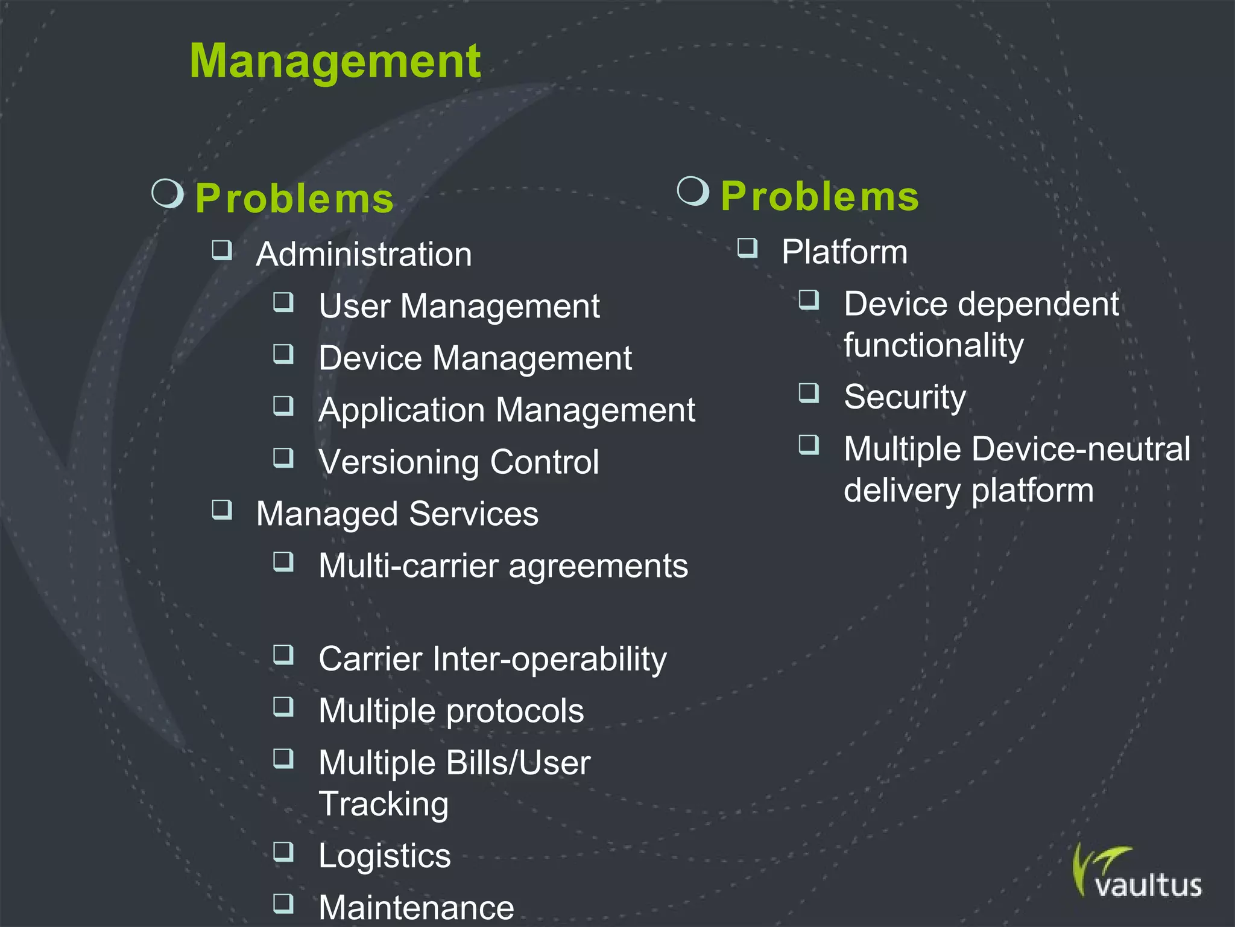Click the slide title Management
pos(335,62)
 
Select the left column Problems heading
pos(294,199)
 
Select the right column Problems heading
pos(820,196)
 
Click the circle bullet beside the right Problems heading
pos(693,191)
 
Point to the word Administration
pos(364,254)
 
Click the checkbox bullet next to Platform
pos(747,248)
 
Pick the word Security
pos(905,397)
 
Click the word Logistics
pos(384,856)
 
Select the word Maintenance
pos(416,907)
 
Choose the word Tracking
pos(384,804)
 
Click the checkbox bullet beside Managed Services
pos(222,510)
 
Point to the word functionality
pos(933,345)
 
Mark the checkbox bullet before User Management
pos(283,302)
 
